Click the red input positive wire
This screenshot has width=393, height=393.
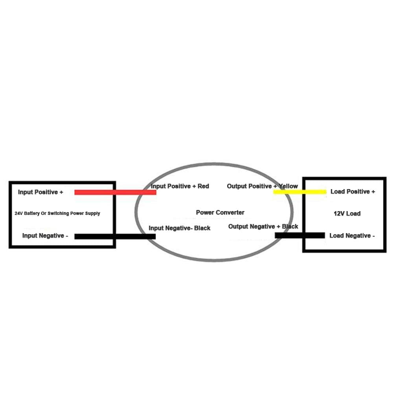click(115, 192)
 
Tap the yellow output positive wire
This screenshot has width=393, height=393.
click(300, 192)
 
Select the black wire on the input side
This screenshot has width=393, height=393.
click(115, 236)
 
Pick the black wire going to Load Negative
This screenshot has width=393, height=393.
click(300, 235)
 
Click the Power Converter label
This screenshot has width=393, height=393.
click(220, 213)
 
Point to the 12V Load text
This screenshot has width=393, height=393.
click(347, 213)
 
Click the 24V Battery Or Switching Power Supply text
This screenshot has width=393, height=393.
click(57, 213)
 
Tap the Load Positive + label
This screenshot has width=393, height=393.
click(353, 191)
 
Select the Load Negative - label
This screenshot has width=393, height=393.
click(352, 235)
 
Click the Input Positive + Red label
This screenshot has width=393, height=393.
click(180, 186)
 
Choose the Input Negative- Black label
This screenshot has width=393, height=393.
click(180, 228)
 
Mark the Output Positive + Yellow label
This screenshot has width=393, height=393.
click(263, 186)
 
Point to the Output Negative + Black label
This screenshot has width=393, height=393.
click(263, 227)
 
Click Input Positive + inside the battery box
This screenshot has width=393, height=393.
click(40, 192)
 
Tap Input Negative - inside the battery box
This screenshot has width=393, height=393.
click(45, 235)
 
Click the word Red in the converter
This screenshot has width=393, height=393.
click(203, 186)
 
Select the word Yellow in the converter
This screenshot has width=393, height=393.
click(288, 186)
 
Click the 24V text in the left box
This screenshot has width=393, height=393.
click(18, 213)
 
